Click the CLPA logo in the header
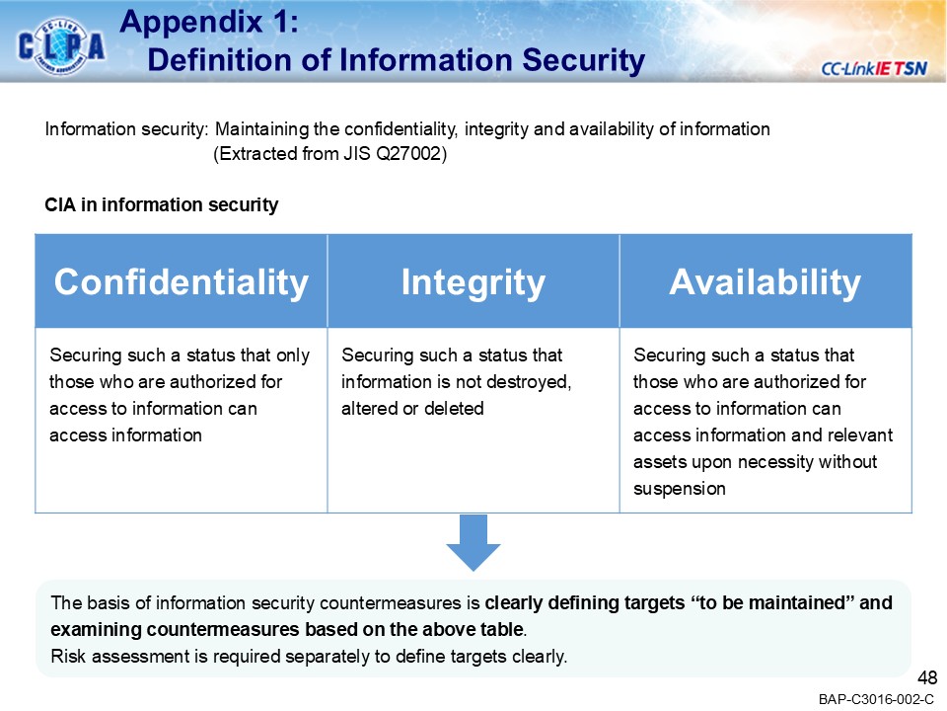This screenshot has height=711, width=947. pos(61,46)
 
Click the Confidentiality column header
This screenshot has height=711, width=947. pos(181,282)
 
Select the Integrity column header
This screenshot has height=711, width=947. pos(473,282)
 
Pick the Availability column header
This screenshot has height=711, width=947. pos(765,282)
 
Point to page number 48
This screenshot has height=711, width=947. pos(927,677)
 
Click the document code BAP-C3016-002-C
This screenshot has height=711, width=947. pos(876,699)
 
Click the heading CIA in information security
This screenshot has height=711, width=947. pos(162,205)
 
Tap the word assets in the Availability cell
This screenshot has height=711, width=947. pos(654,461)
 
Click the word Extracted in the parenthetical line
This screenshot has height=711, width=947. pos(255,155)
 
